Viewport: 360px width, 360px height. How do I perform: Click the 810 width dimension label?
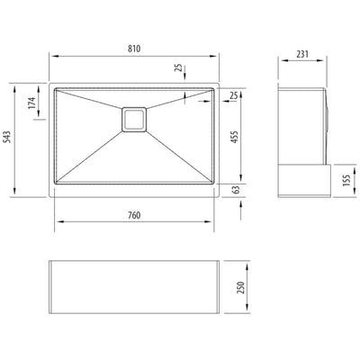(134, 49)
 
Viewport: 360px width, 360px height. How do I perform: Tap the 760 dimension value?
(134, 215)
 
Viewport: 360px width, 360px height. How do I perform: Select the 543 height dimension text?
(7, 137)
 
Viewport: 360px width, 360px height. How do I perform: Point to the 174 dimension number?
(32, 103)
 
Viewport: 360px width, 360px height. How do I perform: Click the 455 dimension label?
(234, 137)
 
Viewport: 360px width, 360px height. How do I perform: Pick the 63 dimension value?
(237, 190)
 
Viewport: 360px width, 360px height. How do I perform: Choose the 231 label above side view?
(302, 54)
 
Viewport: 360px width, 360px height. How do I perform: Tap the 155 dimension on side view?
(346, 181)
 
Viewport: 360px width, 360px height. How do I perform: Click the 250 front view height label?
(240, 287)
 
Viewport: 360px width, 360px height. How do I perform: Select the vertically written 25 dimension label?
(178, 67)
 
